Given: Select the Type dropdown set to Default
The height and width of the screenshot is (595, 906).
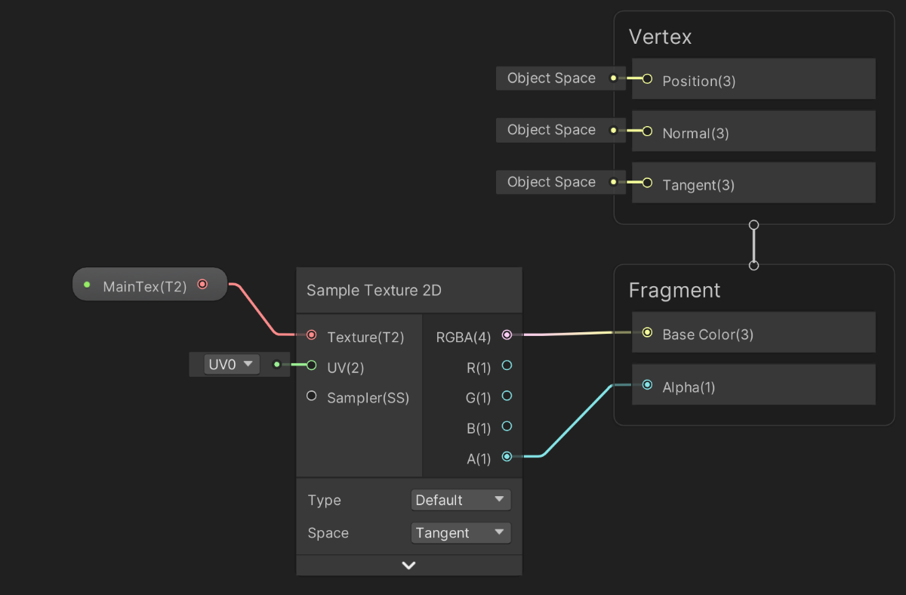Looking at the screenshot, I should tap(461, 500).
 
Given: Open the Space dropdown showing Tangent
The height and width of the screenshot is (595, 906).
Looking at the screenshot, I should tap(461, 533).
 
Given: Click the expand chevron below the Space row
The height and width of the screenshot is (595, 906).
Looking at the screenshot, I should tap(408, 565).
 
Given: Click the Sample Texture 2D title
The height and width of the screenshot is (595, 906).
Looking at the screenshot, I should tap(374, 291).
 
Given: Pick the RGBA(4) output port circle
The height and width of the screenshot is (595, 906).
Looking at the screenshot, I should tap(507, 334).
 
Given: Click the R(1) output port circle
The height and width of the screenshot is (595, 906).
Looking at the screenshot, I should tap(507, 365).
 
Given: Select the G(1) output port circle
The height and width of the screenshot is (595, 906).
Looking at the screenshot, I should tap(507, 396).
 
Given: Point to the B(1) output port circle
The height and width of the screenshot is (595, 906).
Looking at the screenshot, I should tap(507, 427).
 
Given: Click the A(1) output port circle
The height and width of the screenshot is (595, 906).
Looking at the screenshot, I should tap(507, 456).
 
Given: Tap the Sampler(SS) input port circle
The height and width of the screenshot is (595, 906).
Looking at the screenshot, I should tap(312, 396).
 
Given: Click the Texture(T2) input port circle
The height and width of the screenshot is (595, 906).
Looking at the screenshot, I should tap(312, 334).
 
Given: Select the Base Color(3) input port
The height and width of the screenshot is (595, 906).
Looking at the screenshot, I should tap(647, 332).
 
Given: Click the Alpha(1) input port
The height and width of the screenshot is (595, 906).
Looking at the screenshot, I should tap(647, 385).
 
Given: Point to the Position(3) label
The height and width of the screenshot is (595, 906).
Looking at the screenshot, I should tap(698, 82).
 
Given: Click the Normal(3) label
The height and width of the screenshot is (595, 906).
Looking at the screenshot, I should tap(695, 134).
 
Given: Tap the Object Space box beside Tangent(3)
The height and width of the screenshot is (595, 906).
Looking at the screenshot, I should tap(551, 182).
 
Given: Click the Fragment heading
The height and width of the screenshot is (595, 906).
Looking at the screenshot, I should tap(674, 291).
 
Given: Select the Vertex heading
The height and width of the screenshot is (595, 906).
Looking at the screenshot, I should tap(660, 37).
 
